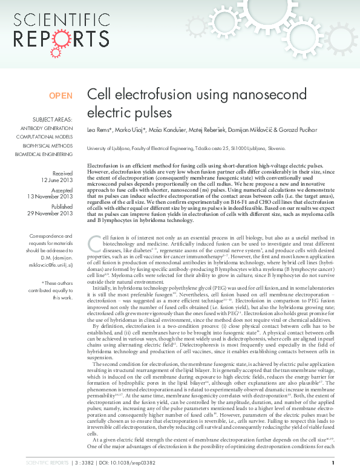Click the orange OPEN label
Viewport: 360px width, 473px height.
(61, 96)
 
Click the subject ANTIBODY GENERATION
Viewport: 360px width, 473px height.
(47, 129)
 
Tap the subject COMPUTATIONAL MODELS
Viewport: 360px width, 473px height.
(46, 137)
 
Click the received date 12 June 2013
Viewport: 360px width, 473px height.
(57, 180)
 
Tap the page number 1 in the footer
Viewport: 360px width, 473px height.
(333, 463)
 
